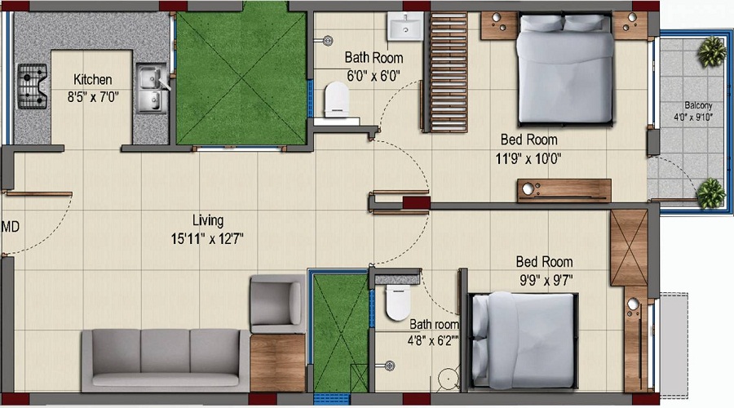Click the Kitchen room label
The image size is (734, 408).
pos(93,79)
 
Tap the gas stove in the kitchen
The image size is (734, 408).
pos(33,86)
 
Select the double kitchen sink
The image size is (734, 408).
pos(152,88)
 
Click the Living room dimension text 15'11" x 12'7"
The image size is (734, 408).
pos(207,239)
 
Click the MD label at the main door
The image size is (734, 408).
pos(10,227)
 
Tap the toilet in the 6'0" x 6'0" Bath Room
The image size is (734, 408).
pos(337,100)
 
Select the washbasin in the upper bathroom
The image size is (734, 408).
pos(405,27)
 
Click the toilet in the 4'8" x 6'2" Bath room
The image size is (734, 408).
pos(398,303)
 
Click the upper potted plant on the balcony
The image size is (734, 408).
pos(711,51)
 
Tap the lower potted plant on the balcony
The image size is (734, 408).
pos(711,193)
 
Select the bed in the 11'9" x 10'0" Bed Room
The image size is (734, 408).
pos(565,69)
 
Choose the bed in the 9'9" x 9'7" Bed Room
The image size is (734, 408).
pos(523,340)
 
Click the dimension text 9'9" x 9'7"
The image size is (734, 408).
pos(546,280)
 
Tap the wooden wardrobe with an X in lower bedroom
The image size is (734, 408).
pos(629,247)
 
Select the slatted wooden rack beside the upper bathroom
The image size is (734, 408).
pos(449,73)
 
